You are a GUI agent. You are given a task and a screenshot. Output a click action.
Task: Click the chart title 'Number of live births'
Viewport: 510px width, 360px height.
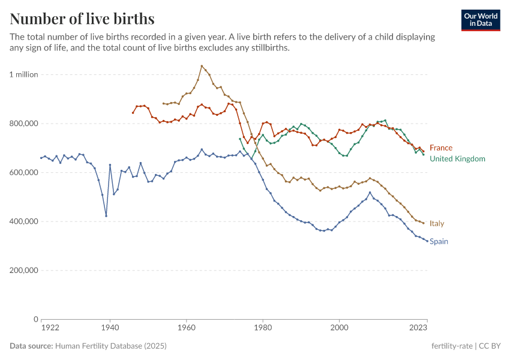[82, 19]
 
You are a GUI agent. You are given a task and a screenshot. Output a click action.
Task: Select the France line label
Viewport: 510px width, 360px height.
[441, 148]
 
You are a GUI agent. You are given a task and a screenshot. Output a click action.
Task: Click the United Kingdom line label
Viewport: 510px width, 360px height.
[457, 159]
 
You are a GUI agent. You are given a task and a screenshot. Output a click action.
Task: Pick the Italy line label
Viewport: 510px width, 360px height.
[437, 223]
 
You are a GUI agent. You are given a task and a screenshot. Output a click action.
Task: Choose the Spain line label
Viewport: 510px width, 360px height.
[439, 241]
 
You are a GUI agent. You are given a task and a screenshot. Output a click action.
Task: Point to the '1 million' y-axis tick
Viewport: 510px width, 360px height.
[23, 74]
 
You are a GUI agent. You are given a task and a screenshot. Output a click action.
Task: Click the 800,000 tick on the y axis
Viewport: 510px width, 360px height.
[23, 124]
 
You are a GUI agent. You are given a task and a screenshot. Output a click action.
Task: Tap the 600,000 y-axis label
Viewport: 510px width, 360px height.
[23, 172]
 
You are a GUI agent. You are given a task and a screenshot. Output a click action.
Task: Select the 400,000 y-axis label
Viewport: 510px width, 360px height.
[23, 221]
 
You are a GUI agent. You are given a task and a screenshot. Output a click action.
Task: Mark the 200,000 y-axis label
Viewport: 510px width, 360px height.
[23, 270]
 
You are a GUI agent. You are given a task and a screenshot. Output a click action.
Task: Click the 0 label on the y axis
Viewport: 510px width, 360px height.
[35, 319]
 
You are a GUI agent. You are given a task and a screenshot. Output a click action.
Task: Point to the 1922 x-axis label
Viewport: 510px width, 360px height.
[50, 328]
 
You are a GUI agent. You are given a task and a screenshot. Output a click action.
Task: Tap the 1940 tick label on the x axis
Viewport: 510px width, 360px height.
[110, 328]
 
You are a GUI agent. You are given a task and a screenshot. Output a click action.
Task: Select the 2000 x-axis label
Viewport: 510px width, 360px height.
[340, 328]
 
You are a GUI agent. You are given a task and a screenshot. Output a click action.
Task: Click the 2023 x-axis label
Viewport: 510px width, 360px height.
[418, 328]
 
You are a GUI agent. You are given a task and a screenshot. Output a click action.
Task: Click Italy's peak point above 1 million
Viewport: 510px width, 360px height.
[202, 66]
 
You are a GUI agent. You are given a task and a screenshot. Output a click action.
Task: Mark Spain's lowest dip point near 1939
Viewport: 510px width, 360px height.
[106, 216]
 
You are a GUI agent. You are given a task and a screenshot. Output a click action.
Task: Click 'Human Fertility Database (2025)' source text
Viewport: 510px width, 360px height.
[110, 346]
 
